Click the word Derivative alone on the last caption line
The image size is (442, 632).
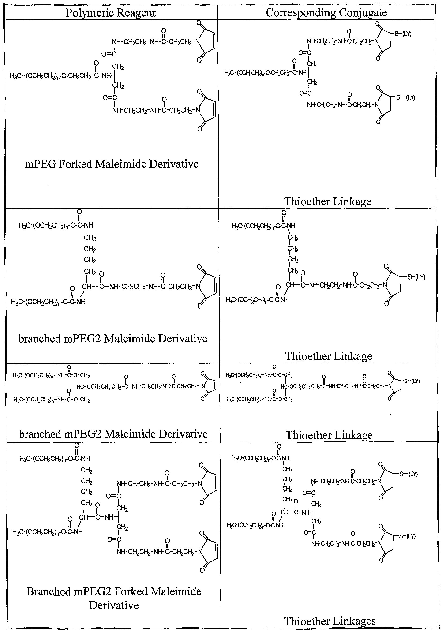114,605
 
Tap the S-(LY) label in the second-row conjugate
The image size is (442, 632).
416,277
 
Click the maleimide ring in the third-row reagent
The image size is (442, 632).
209,386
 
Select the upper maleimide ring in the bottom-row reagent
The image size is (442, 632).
209,484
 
